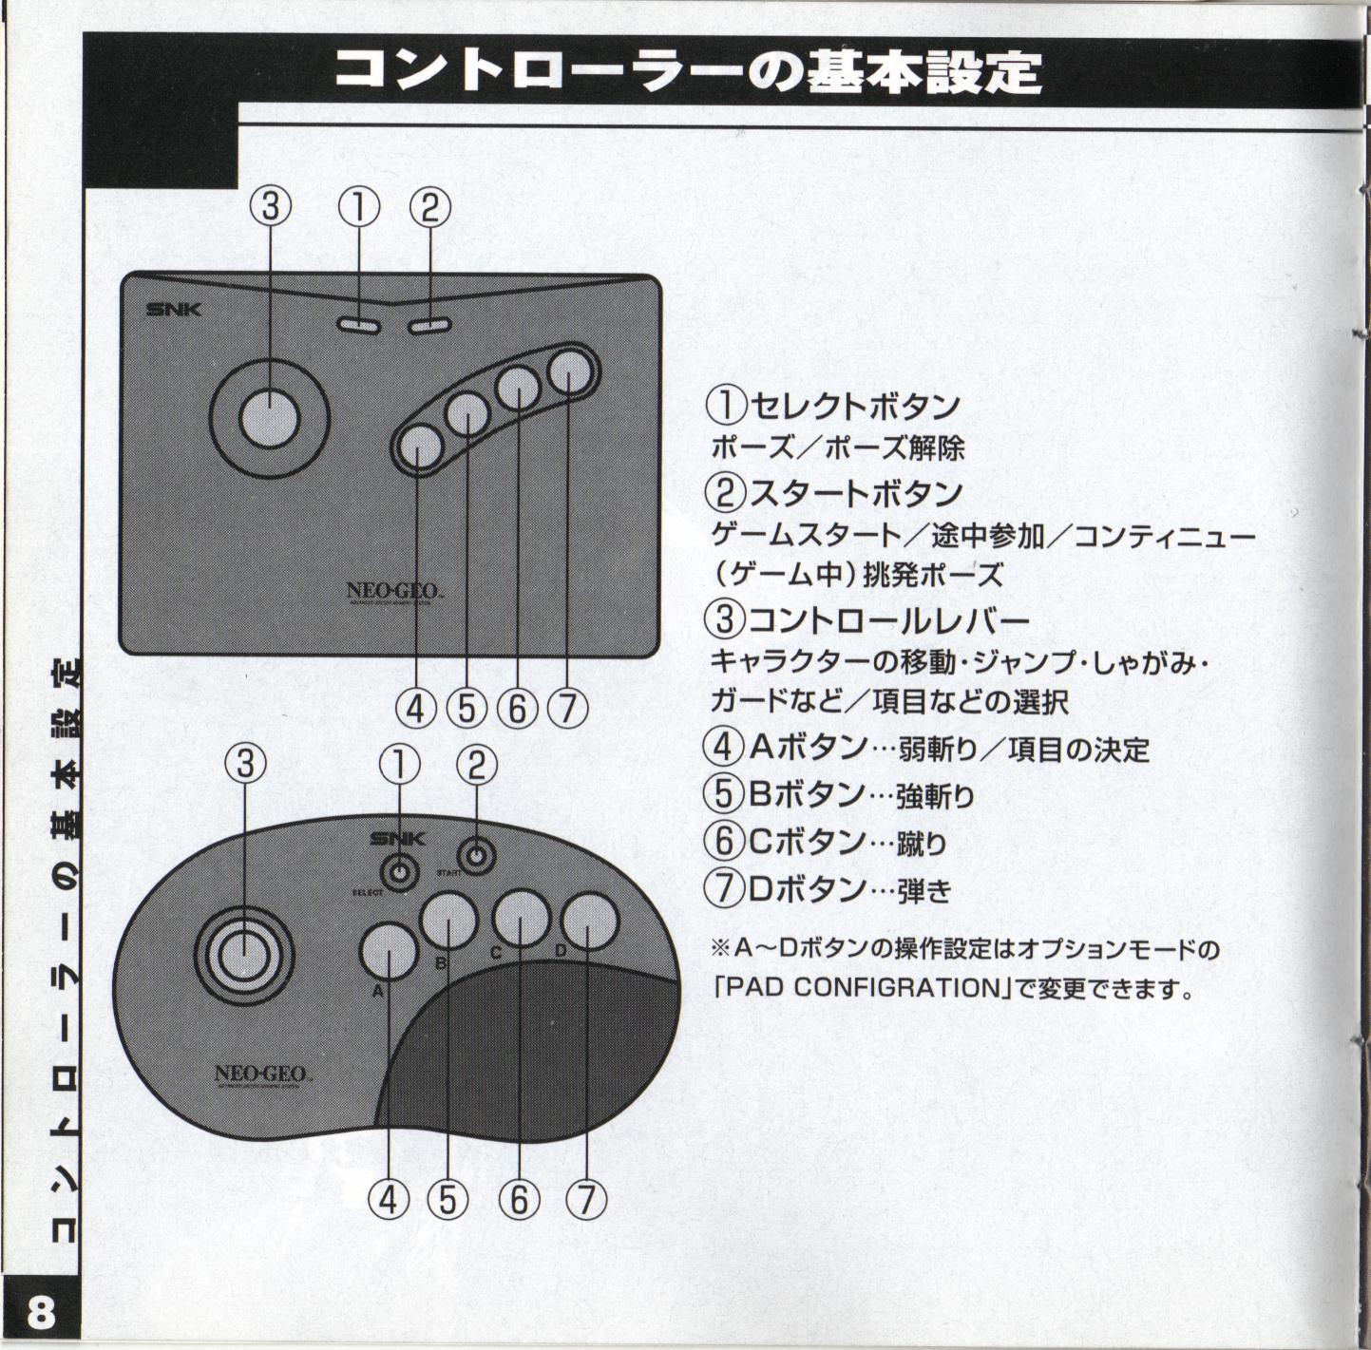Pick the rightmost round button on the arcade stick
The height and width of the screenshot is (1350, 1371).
click(569, 373)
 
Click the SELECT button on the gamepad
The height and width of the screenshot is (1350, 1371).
click(400, 871)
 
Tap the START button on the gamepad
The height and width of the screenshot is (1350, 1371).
click(477, 857)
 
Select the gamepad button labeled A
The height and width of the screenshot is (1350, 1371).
click(389, 952)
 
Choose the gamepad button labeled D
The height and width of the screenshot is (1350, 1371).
click(589, 922)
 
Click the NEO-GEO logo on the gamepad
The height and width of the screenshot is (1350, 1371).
click(259, 1074)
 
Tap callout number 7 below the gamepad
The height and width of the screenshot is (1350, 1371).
click(585, 1200)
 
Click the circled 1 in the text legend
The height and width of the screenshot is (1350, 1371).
click(726, 407)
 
